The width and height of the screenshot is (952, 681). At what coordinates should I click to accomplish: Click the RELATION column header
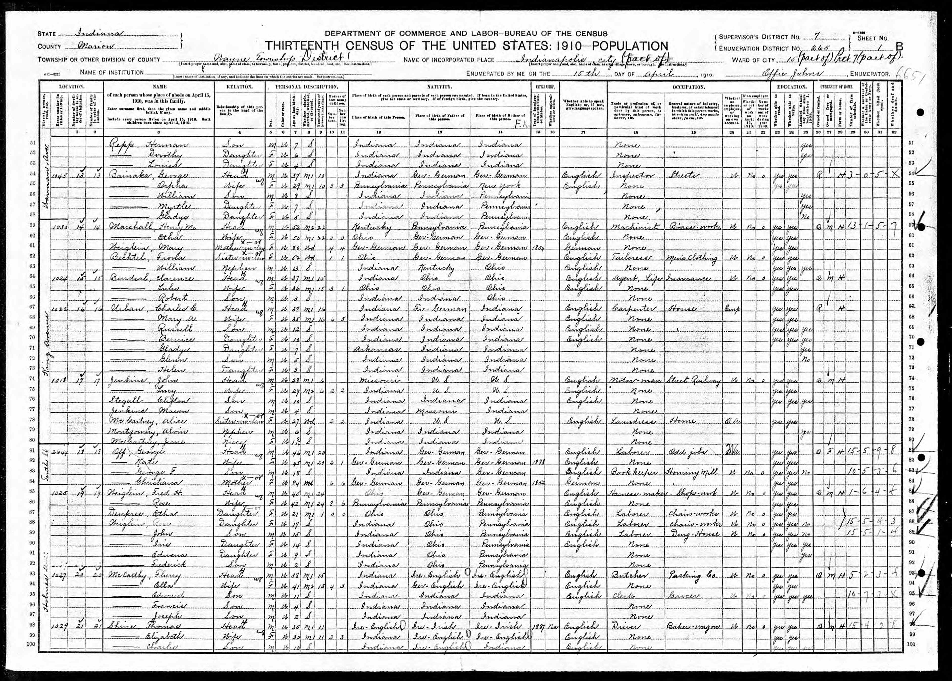[240, 87]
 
